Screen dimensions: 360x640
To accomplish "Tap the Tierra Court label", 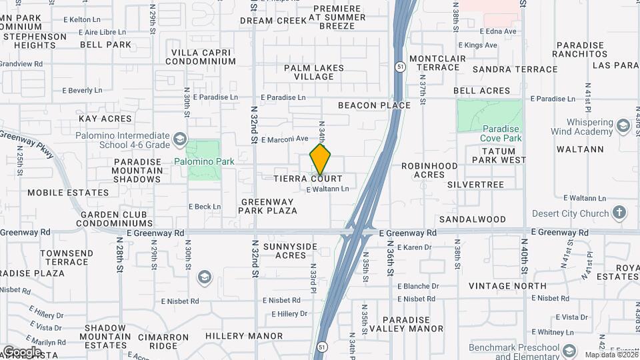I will (x=308, y=179).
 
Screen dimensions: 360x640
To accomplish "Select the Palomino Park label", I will (x=205, y=161).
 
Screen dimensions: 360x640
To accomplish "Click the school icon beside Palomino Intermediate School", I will (x=179, y=139).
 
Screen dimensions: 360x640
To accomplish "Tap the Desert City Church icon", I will (x=619, y=213).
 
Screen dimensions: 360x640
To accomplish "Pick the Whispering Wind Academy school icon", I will (x=623, y=126).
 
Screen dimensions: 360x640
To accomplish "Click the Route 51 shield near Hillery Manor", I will (x=322, y=347).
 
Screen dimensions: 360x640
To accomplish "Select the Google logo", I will (x=21, y=351).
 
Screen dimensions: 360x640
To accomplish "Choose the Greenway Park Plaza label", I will (x=269, y=206).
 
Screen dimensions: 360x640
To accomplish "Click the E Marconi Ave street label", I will (x=285, y=139).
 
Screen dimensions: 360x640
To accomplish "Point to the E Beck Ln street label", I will (x=205, y=207).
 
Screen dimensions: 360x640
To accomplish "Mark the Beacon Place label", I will (x=374, y=105).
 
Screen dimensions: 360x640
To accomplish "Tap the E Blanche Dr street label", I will (x=418, y=287).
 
